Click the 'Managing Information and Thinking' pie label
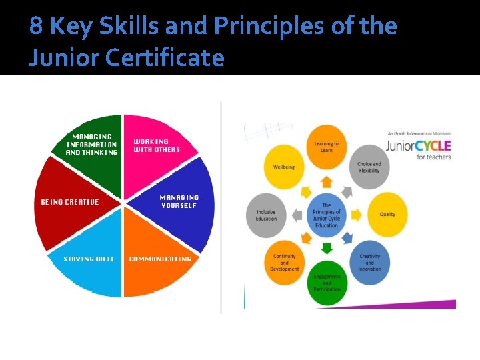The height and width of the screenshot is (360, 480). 91,145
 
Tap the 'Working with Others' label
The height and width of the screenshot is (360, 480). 157,145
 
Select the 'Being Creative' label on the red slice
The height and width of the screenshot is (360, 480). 69,202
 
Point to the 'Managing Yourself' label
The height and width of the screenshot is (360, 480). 179,201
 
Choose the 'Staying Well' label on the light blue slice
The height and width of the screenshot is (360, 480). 89,259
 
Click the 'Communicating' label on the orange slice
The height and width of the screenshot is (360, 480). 160,259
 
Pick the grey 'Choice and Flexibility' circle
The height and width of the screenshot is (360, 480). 369,167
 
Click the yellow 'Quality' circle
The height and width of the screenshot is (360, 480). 387,215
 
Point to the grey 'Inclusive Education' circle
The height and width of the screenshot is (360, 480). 266,215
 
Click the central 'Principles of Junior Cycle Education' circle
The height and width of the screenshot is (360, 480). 327,214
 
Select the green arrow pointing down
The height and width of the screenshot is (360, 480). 327,249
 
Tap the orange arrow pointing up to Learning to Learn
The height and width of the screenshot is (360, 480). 327,180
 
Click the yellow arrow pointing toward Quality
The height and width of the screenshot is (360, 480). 357,215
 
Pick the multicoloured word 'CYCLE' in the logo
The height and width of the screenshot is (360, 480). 433,145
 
